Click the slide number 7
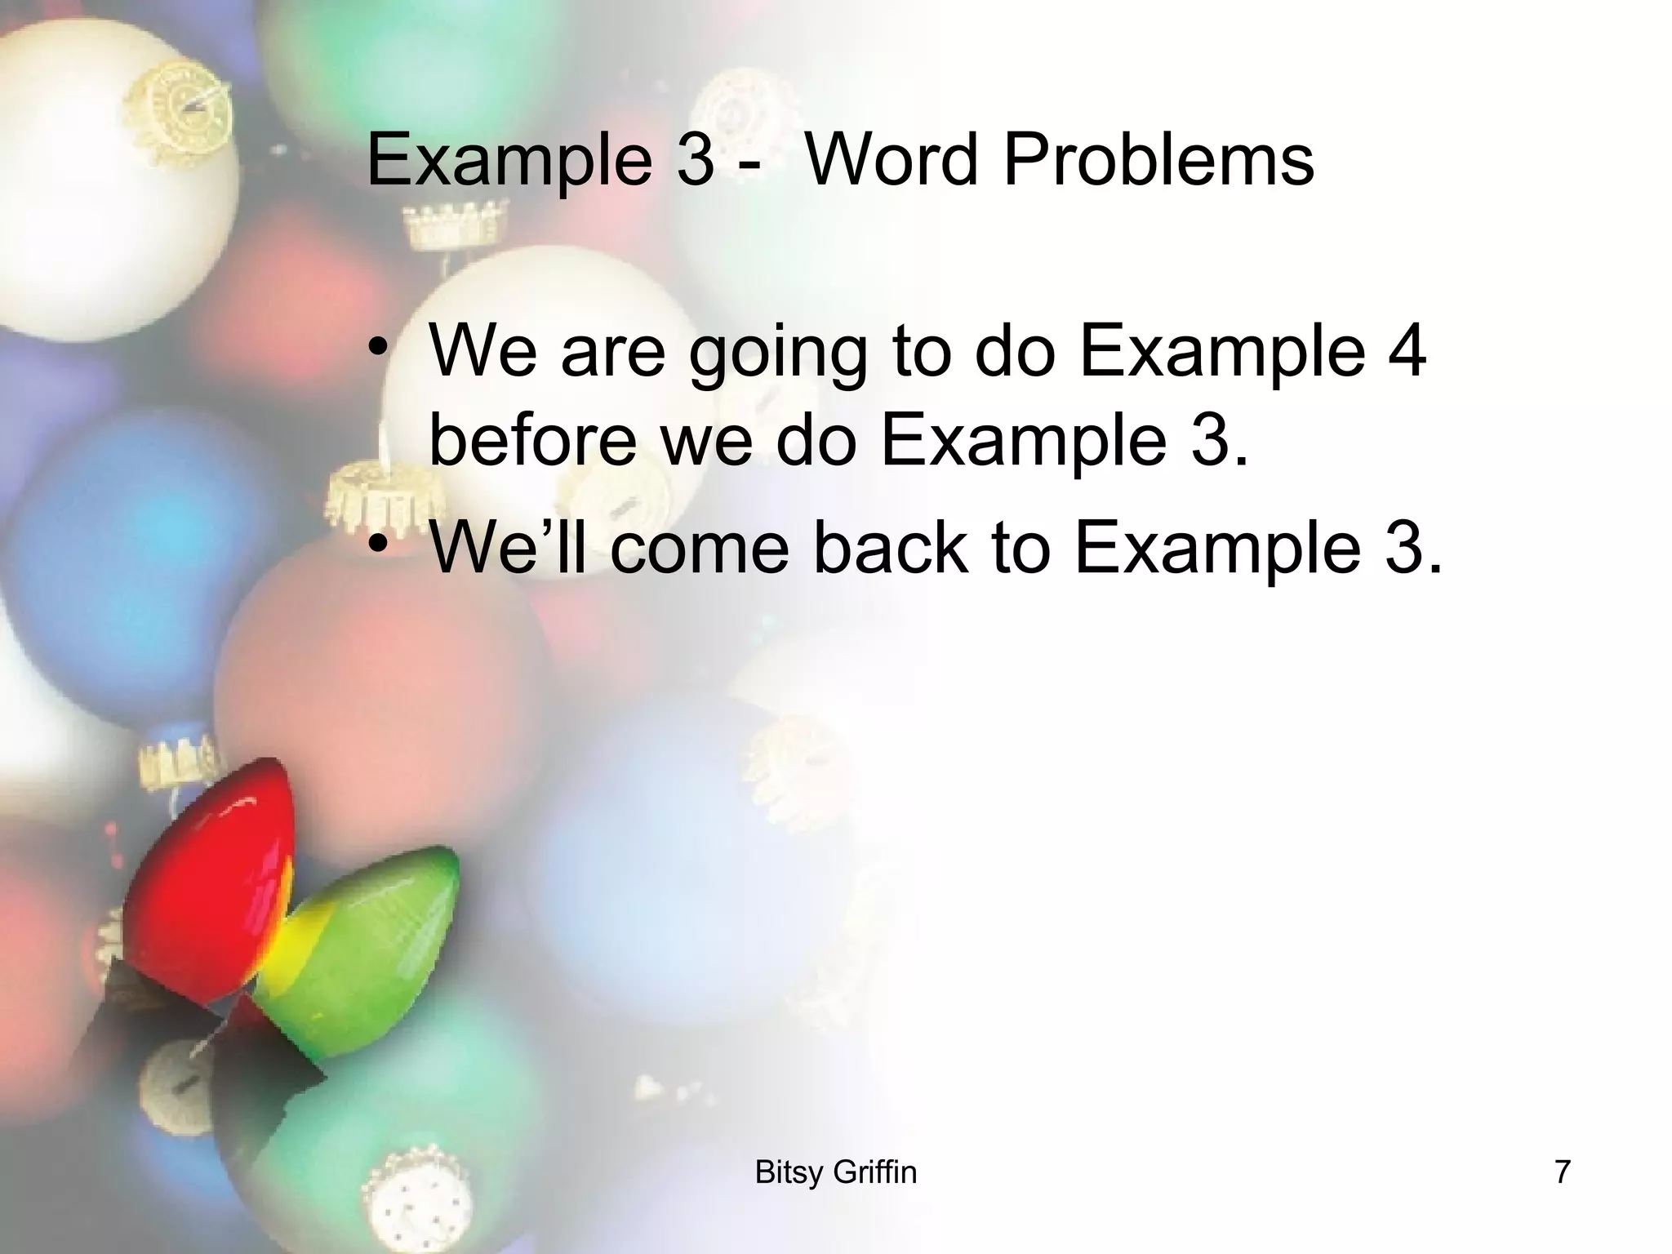click(x=1562, y=1172)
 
